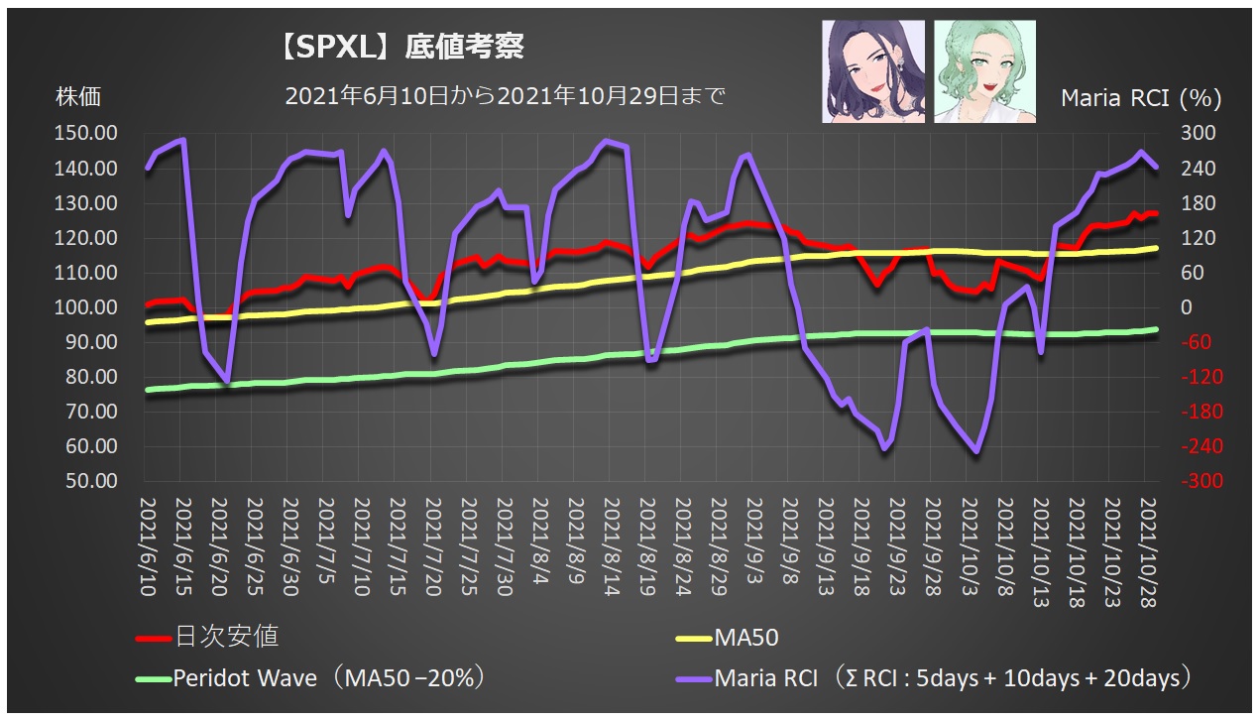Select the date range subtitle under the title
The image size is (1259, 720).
(505, 96)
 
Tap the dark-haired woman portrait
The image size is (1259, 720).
(872, 71)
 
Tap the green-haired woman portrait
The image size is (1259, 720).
(984, 71)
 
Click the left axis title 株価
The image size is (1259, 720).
(78, 97)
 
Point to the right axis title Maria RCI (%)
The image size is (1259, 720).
(1141, 98)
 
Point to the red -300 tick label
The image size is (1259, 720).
(1191, 481)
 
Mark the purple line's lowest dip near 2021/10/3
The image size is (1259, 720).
(976, 451)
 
